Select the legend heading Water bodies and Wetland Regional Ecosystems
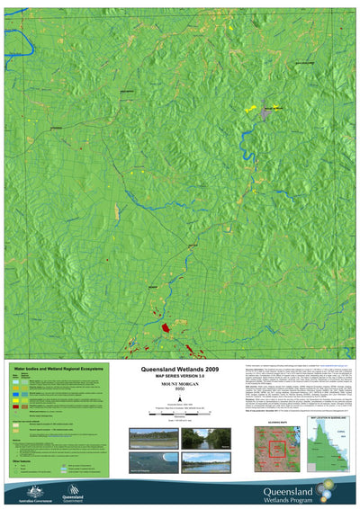tap(54, 369)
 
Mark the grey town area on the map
tap(265, 114)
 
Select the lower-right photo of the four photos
tap(206, 461)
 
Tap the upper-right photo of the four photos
tap(206, 438)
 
